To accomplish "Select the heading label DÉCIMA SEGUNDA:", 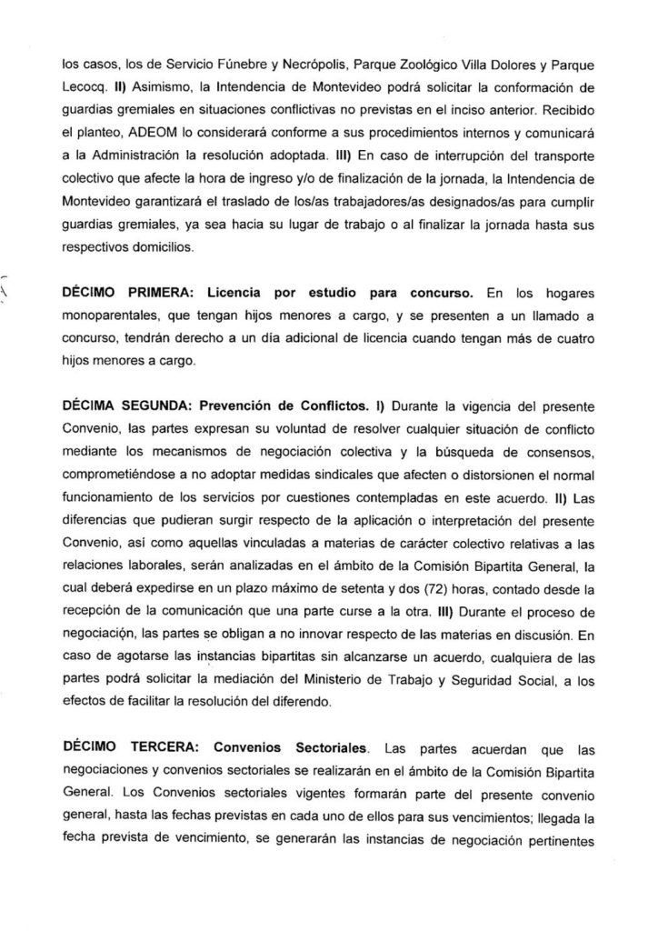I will click(130, 402).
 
